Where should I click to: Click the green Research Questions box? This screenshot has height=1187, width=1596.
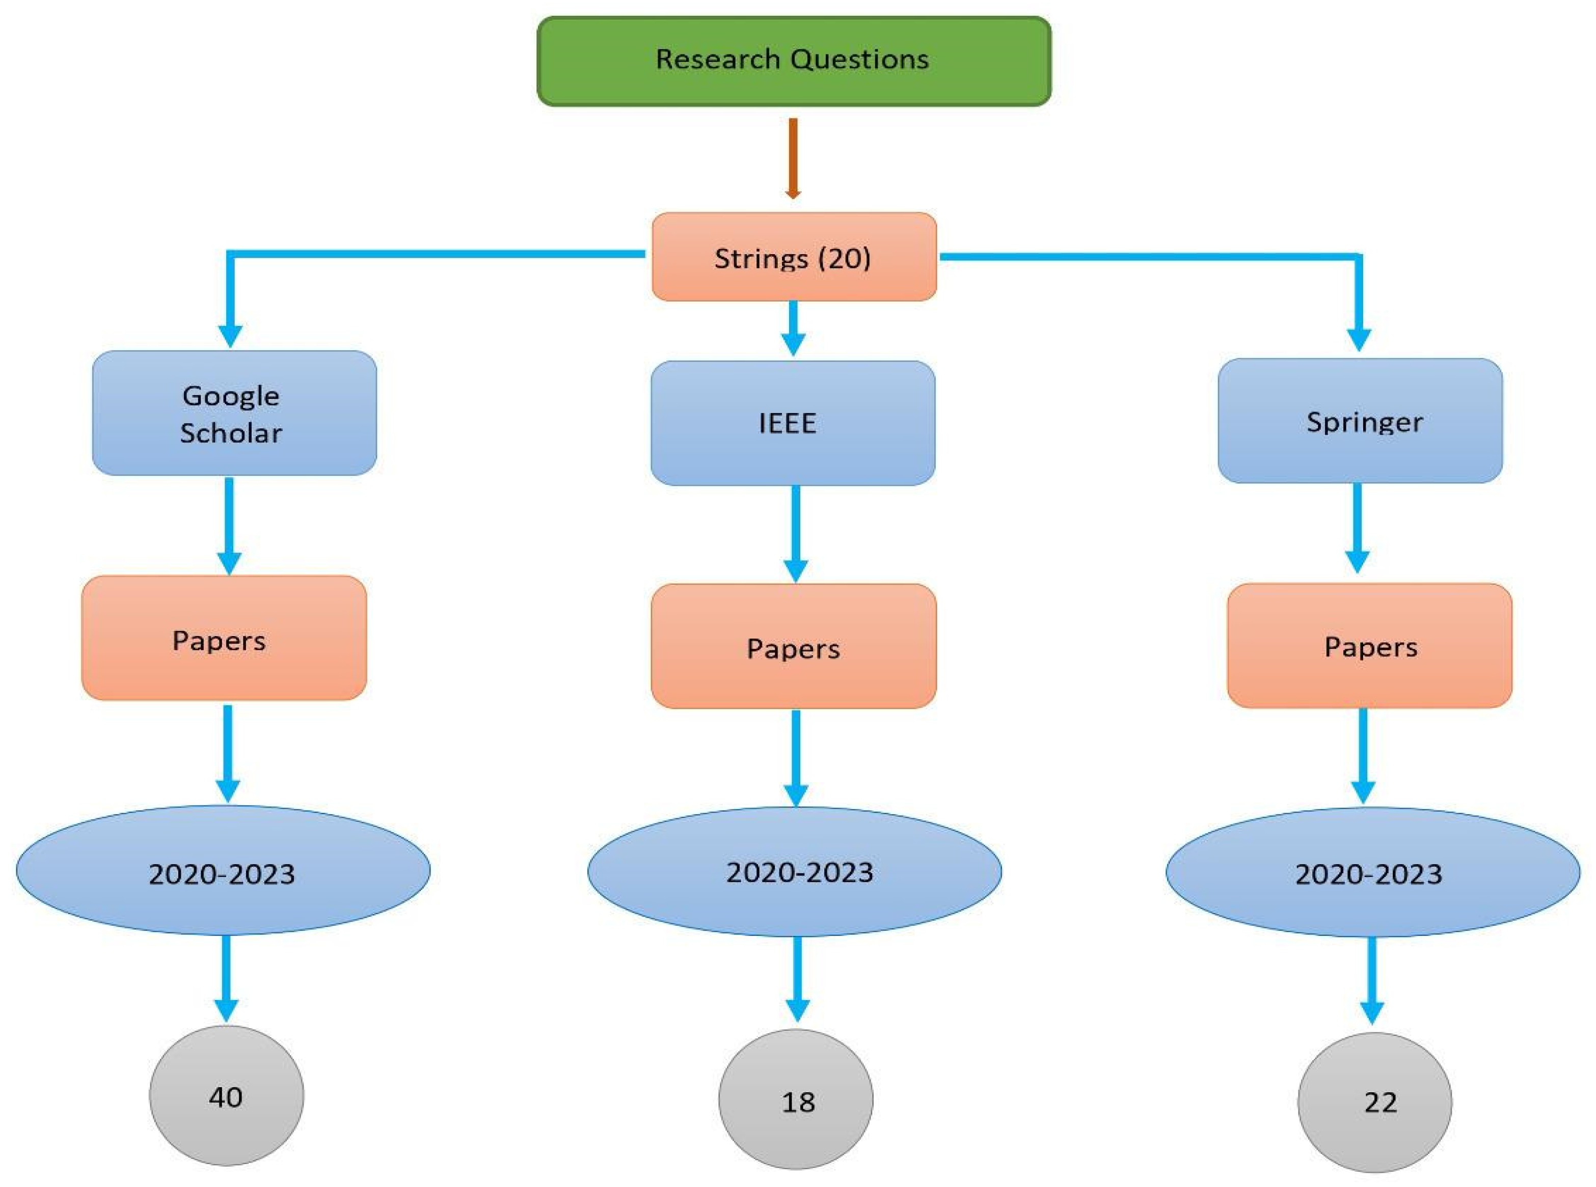(x=793, y=61)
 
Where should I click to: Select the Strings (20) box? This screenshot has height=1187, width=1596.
(x=793, y=257)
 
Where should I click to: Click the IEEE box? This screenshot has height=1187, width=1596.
(x=793, y=423)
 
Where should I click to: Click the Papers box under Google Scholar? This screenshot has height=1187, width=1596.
(x=224, y=638)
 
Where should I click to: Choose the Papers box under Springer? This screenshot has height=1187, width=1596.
(x=1369, y=645)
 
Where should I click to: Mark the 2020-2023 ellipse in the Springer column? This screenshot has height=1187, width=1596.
(x=1372, y=872)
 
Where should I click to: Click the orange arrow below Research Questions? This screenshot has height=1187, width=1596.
(x=793, y=158)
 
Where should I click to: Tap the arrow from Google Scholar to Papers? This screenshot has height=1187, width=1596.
(x=229, y=525)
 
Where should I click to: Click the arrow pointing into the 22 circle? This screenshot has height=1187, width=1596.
(x=1372, y=981)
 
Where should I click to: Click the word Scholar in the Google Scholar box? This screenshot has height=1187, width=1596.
(x=231, y=432)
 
